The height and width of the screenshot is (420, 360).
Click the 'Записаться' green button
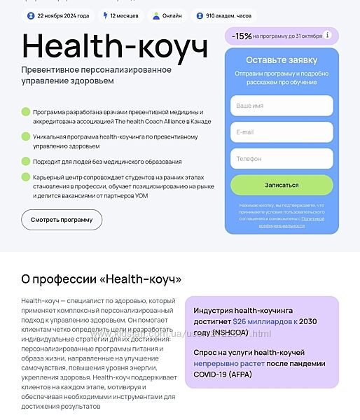coord(282,185)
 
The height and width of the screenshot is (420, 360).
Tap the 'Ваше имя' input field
coord(282,106)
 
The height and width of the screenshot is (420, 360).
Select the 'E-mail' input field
coord(282,132)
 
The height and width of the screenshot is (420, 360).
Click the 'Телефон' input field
coord(282,158)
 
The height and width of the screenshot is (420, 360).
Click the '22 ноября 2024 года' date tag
coord(57,15)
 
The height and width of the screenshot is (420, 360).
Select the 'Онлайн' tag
coord(167,15)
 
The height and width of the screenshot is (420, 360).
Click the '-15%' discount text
coord(242,35)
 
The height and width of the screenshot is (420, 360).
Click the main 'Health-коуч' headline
coord(116,46)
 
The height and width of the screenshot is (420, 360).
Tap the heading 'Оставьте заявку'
coord(282,60)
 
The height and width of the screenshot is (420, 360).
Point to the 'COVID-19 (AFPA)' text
coord(223,374)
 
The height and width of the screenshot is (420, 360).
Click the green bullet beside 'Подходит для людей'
coord(26,161)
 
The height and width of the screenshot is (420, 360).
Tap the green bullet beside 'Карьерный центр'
coord(26,176)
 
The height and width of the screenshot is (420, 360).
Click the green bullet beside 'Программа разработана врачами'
coord(26,111)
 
